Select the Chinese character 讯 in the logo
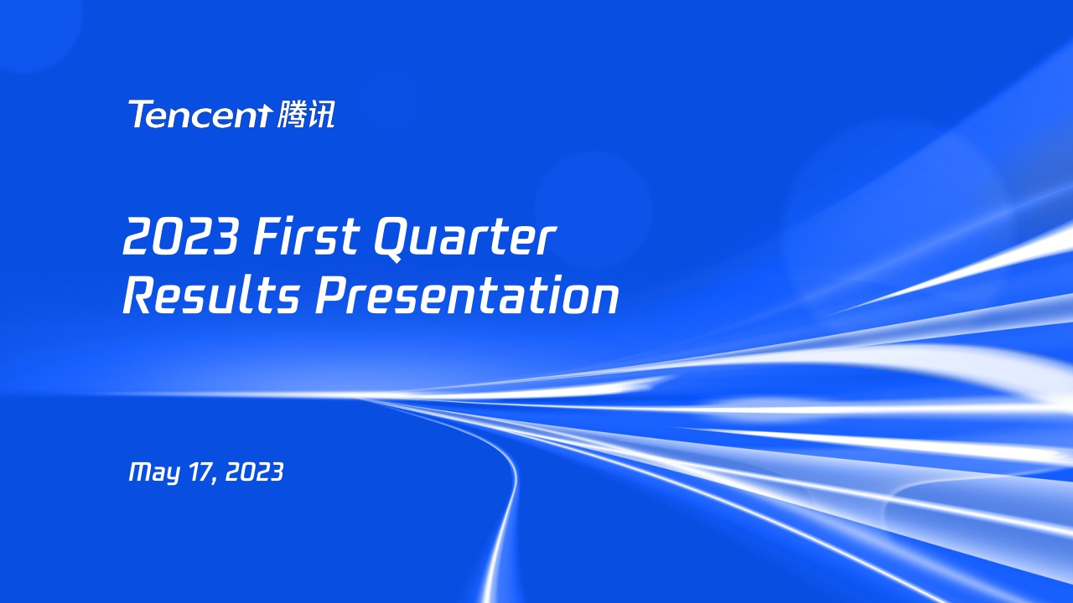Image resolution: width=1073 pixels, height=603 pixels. pos(322,115)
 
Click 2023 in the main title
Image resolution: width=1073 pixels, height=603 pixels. pos(180,238)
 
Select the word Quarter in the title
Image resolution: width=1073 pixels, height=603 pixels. pos(464,238)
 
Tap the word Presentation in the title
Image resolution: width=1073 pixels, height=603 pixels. pos(467,296)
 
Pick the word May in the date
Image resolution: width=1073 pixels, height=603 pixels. pos(153,473)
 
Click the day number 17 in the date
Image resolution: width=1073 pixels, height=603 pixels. pos(203,472)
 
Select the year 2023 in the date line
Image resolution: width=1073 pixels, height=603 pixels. pos(255,472)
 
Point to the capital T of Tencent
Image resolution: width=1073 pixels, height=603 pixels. pos(139,114)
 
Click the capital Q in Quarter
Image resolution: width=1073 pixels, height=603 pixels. pos(391,238)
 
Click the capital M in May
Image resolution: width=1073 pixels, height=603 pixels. pos(139,472)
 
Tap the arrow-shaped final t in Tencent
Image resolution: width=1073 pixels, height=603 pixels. pos(264,115)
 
